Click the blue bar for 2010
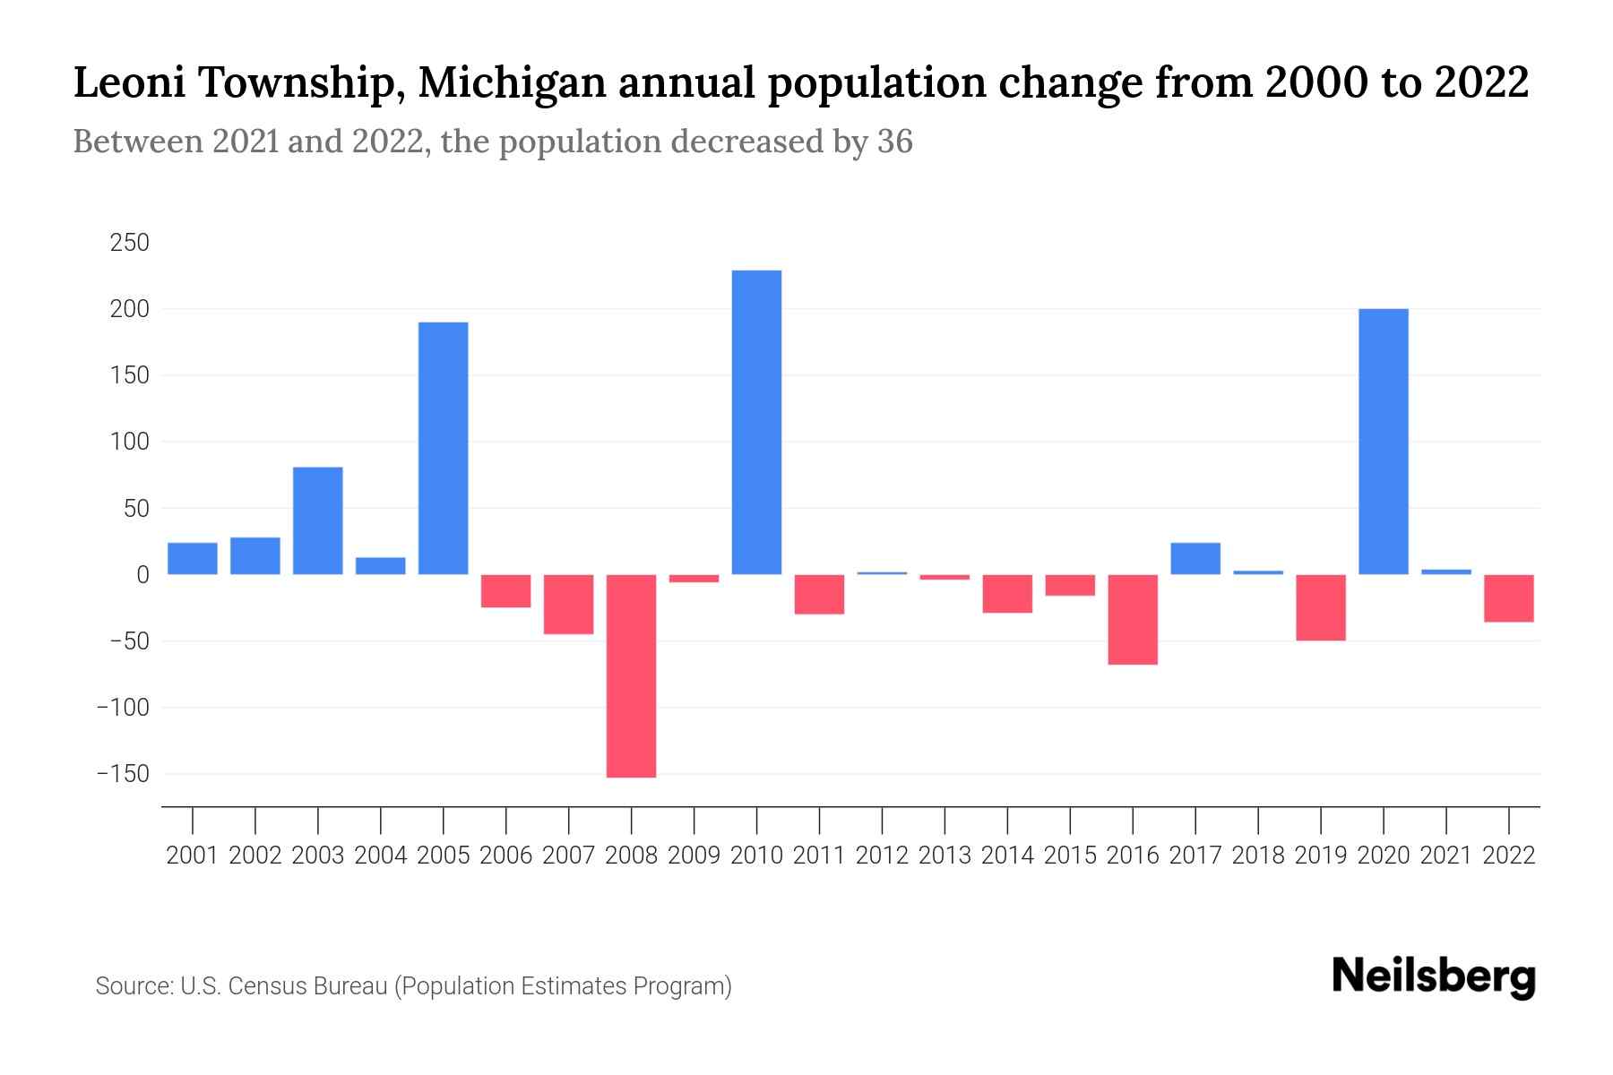pyautogui.click(x=756, y=422)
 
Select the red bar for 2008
pyautogui.click(x=631, y=675)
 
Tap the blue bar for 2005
pyautogui.click(x=444, y=448)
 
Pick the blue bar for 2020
pyautogui.click(x=1384, y=442)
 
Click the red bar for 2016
pyautogui.click(x=1133, y=619)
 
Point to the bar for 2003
pyautogui.click(x=318, y=520)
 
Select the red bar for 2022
pyautogui.click(x=1509, y=598)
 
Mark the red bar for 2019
pyautogui.click(x=1321, y=607)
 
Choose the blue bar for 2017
pyautogui.click(x=1195, y=558)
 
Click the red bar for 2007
pyautogui.click(x=568, y=604)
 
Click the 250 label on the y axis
pyautogui.click(x=129, y=243)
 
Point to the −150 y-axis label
pyautogui.click(x=123, y=774)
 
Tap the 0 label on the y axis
pyautogui.click(x=142, y=575)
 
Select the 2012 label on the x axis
pyautogui.click(x=882, y=856)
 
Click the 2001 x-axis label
pyautogui.click(x=193, y=856)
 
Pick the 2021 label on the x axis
pyautogui.click(x=1446, y=856)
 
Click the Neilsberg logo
pyautogui.click(x=1434, y=977)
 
